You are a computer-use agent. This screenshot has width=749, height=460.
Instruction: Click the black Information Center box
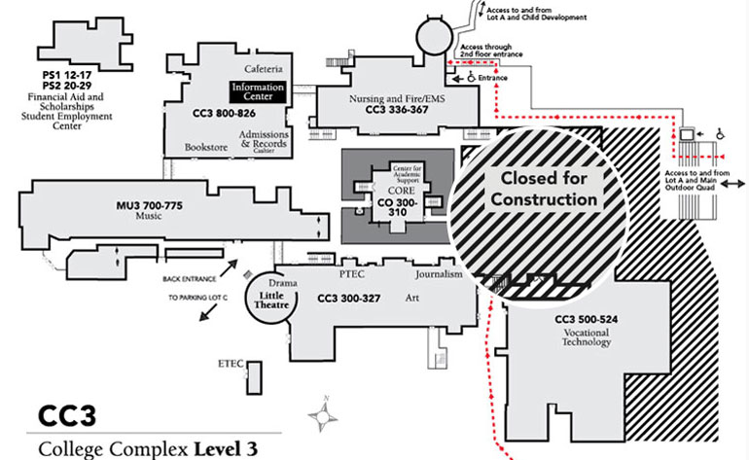(x=258, y=92)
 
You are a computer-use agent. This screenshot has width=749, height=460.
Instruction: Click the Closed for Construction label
(x=543, y=189)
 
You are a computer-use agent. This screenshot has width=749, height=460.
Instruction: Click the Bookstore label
(x=205, y=147)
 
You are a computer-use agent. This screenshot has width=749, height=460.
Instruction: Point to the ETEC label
(x=231, y=365)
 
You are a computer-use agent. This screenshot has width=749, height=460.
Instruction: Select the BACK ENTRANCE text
(x=189, y=276)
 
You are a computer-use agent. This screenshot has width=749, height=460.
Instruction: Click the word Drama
(x=282, y=268)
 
